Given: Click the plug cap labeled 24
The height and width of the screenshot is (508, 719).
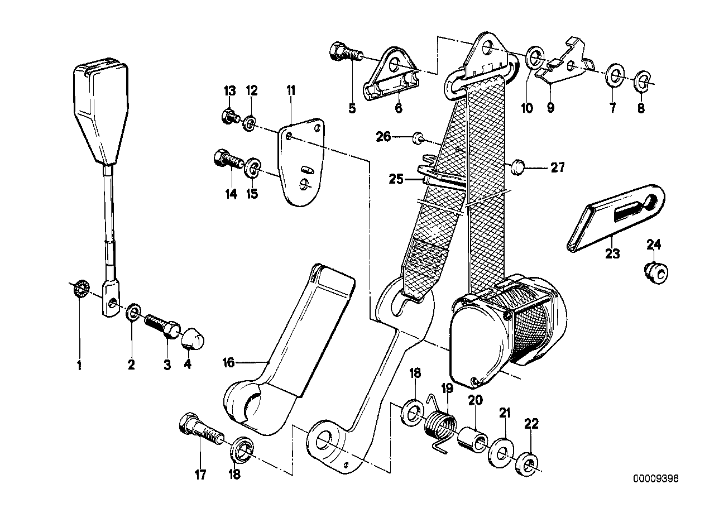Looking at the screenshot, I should pyautogui.click(x=656, y=272).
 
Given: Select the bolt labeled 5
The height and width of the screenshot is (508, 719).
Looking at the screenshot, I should pyautogui.click(x=346, y=55).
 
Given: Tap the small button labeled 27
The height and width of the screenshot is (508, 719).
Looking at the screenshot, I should pyautogui.click(x=518, y=166).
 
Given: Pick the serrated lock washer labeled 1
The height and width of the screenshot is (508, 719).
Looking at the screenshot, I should pyautogui.click(x=79, y=289).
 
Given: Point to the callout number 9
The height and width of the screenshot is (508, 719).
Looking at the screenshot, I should pyautogui.click(x=550, y=108).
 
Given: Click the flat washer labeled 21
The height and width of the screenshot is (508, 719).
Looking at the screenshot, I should pyautogui.click(x=502, y=451).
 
